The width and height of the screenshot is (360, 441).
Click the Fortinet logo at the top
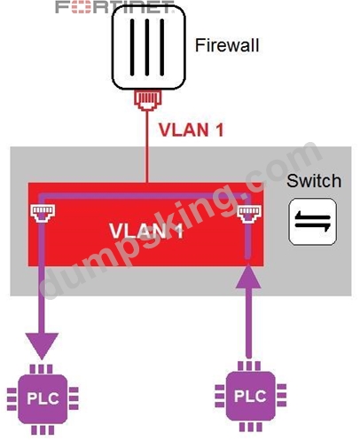pyautogui.click(x=114, y=7)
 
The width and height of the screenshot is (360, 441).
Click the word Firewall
pyautogui.click(x=227, y=45)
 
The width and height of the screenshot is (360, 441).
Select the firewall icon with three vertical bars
pyautogui.click(x=148, y=47)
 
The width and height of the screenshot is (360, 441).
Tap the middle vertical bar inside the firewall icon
pyautogui.click(x=147, y=47)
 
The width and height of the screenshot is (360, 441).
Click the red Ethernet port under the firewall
pyautogui.click(x=148, y=100)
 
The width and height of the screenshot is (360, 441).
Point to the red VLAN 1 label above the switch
pyautogui.click(x=191, y=130)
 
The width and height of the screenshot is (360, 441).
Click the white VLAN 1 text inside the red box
pyautogui.click(x=146, y=231)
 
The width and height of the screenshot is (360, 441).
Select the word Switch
pyautogui.click(x=314, y=181)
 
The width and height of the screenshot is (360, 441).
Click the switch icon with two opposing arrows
pyautogui.click(x=313, y=222)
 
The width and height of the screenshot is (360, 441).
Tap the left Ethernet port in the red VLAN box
pyautogui.click(x=43, y=213)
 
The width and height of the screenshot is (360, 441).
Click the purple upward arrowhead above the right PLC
pyautogui.click(x=248, y=277)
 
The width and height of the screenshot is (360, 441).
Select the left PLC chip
pyautogui.click(x=43, y=399)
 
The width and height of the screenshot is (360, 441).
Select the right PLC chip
pyautogui.click(x=250, y=397)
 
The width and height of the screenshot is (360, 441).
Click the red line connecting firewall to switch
pyautogui.click(x=147, y=146)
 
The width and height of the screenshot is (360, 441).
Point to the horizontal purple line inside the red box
pyautogui.click(x=145, y=196)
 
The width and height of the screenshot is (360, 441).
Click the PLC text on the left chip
pyautogui.click(x=43, y=398)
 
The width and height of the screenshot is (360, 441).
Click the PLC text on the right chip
pyautogui.click(x=250, y=396)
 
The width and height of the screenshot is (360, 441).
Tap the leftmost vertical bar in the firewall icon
pyautogui.click(x=132, y=47)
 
